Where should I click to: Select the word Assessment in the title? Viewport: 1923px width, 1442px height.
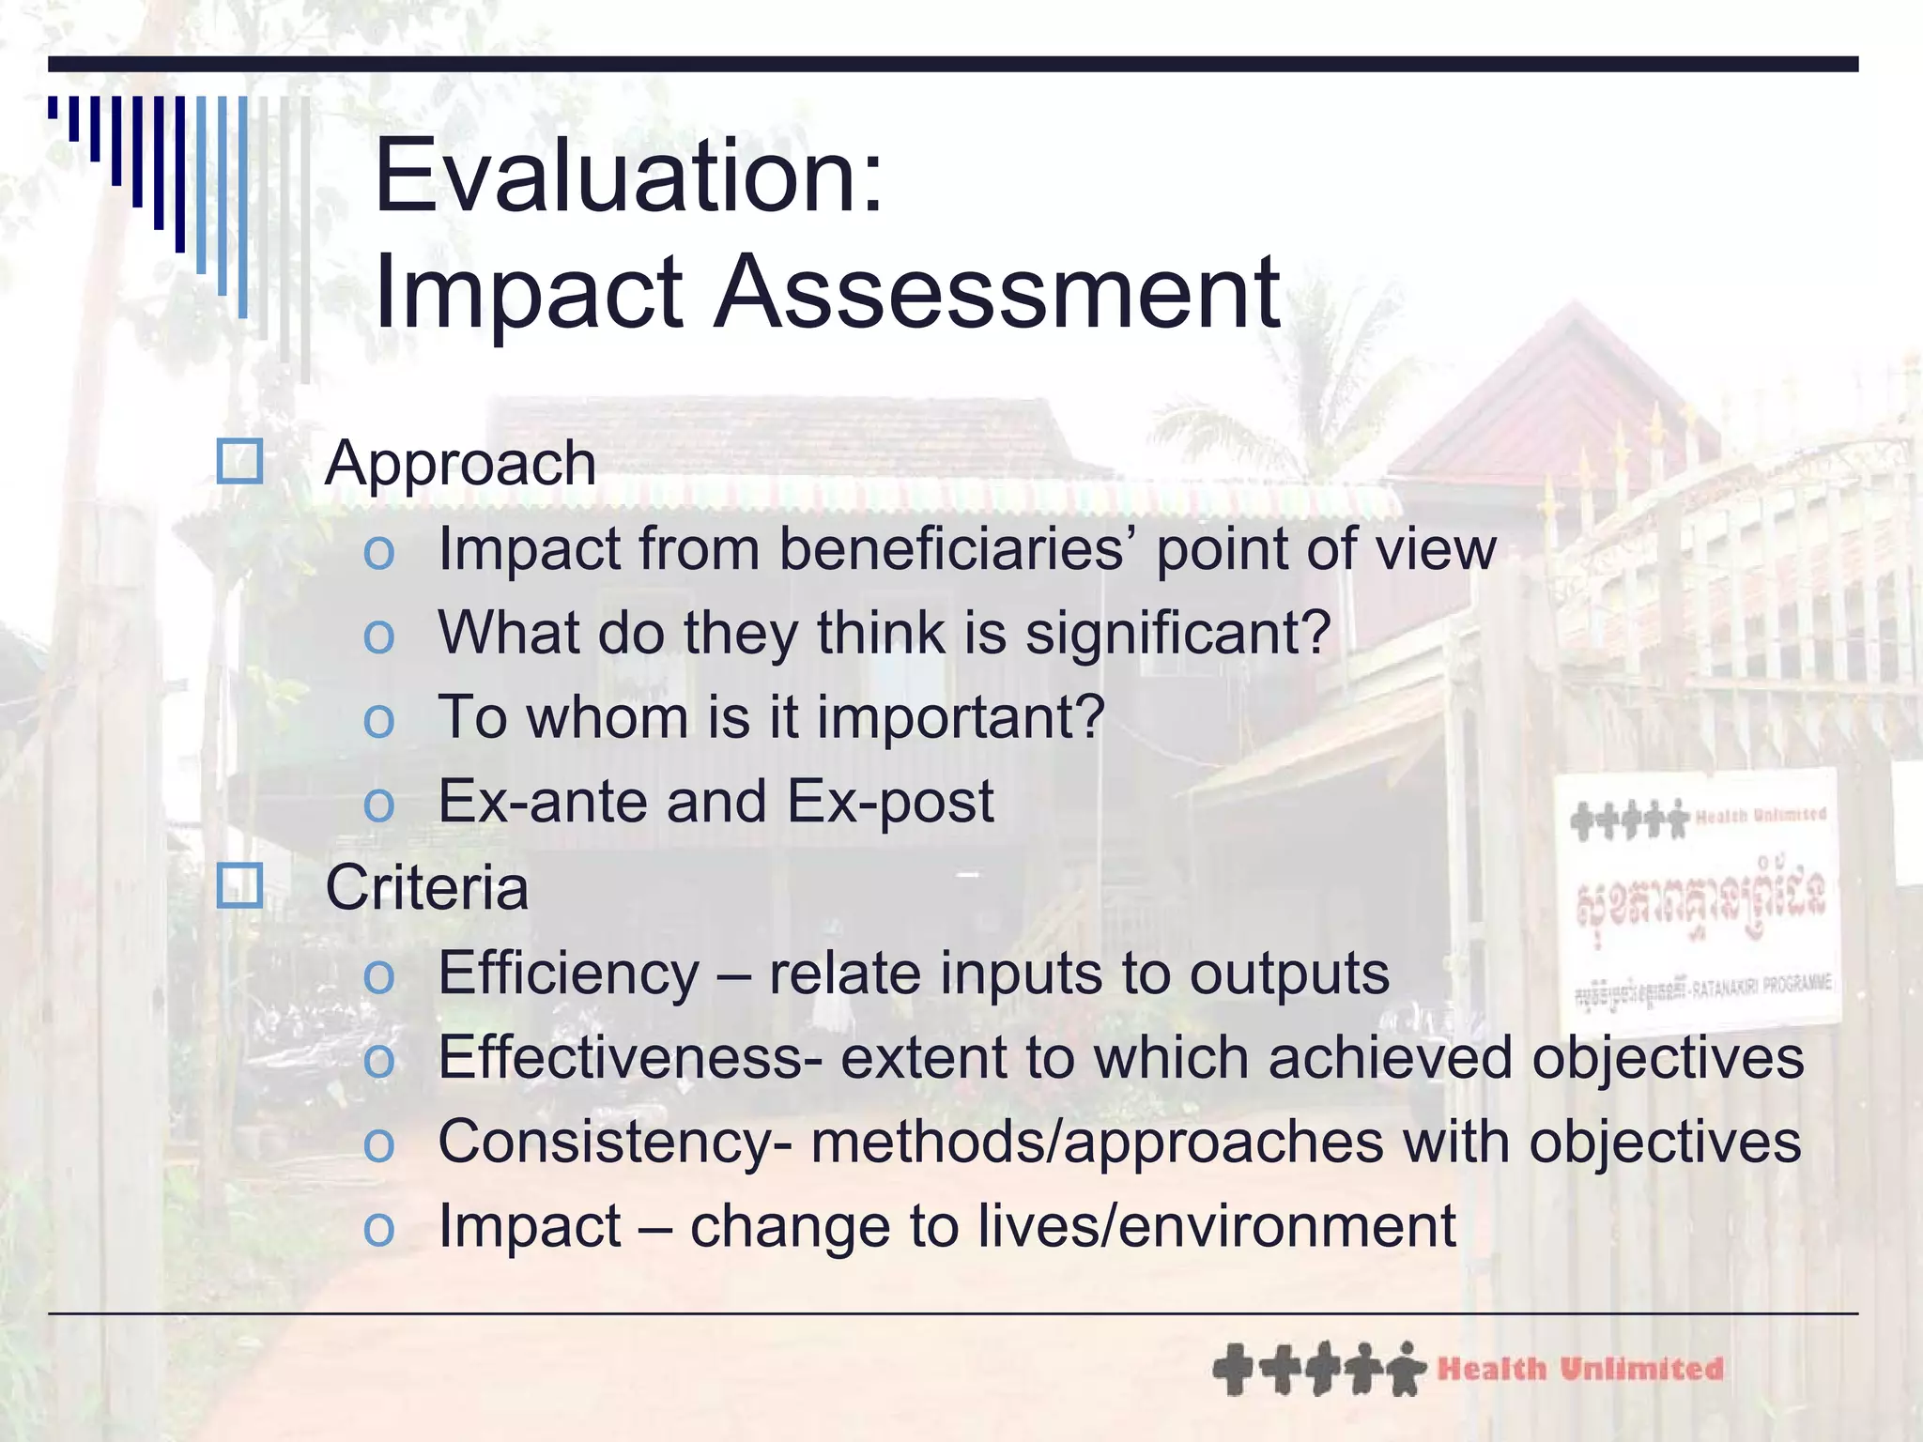point(997,292)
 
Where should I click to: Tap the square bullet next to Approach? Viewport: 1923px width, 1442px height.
point(239,461)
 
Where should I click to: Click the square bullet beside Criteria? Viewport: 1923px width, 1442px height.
point(239,885)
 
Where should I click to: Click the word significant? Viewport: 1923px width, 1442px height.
point(1177,634)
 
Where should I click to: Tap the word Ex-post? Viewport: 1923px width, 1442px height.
point(889,802)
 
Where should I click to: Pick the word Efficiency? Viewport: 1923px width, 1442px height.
point(569,973)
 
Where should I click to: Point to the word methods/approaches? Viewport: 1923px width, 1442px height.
point(1097,1142)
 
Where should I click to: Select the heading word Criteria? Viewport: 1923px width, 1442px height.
point(426,887)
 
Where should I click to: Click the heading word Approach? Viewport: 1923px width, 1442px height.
point(460,463)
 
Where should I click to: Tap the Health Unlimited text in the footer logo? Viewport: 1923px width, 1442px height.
point(1580,1369)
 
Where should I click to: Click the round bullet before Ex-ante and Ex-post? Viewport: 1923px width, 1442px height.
point(378,805)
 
